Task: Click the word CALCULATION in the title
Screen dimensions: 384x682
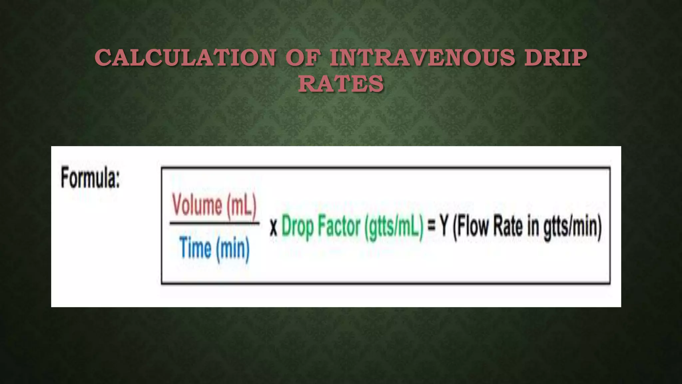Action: pyautogui.click(x=185, y=58)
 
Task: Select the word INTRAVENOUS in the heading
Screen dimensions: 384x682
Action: pyautogui.click(x=422, y=58)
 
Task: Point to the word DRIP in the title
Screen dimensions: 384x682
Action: pyautogui.click(x=555, y=58)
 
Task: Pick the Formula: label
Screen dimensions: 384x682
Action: pyautogui.click(x=90, y=178)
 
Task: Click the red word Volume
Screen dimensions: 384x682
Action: pyautogui.click(x=197, y=205)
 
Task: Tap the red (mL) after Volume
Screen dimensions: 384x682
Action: pyautogui.click(x=242, y=206)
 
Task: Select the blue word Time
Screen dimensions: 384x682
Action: pyautogui.click(x=195, y=248)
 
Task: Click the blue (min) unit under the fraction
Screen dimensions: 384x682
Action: pyautogui.click(x=233, y=249)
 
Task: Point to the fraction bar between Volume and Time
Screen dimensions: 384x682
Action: pyautogui.click(x=214, y=224)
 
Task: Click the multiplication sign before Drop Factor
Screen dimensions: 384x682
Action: pyautogui.click(x=273, y=228)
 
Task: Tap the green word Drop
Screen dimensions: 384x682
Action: pyautogui.click(x=297, y=227)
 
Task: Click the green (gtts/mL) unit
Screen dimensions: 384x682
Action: pyautogui.click(x=394, y=227)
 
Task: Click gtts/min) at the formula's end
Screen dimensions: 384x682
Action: pyautogui.click(x=572, y=227)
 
